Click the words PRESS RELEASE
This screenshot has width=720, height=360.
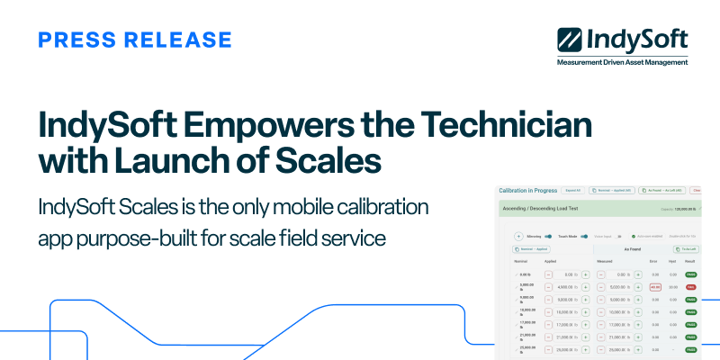(136, 40)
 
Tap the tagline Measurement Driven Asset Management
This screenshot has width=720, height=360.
(622, 63)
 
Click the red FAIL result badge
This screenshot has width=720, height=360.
(690, 286)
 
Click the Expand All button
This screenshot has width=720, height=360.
(573, 191)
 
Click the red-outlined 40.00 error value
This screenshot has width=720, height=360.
(655, 286)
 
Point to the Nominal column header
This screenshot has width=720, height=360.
(521, 261)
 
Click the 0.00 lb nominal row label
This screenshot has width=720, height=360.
(526, 274)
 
